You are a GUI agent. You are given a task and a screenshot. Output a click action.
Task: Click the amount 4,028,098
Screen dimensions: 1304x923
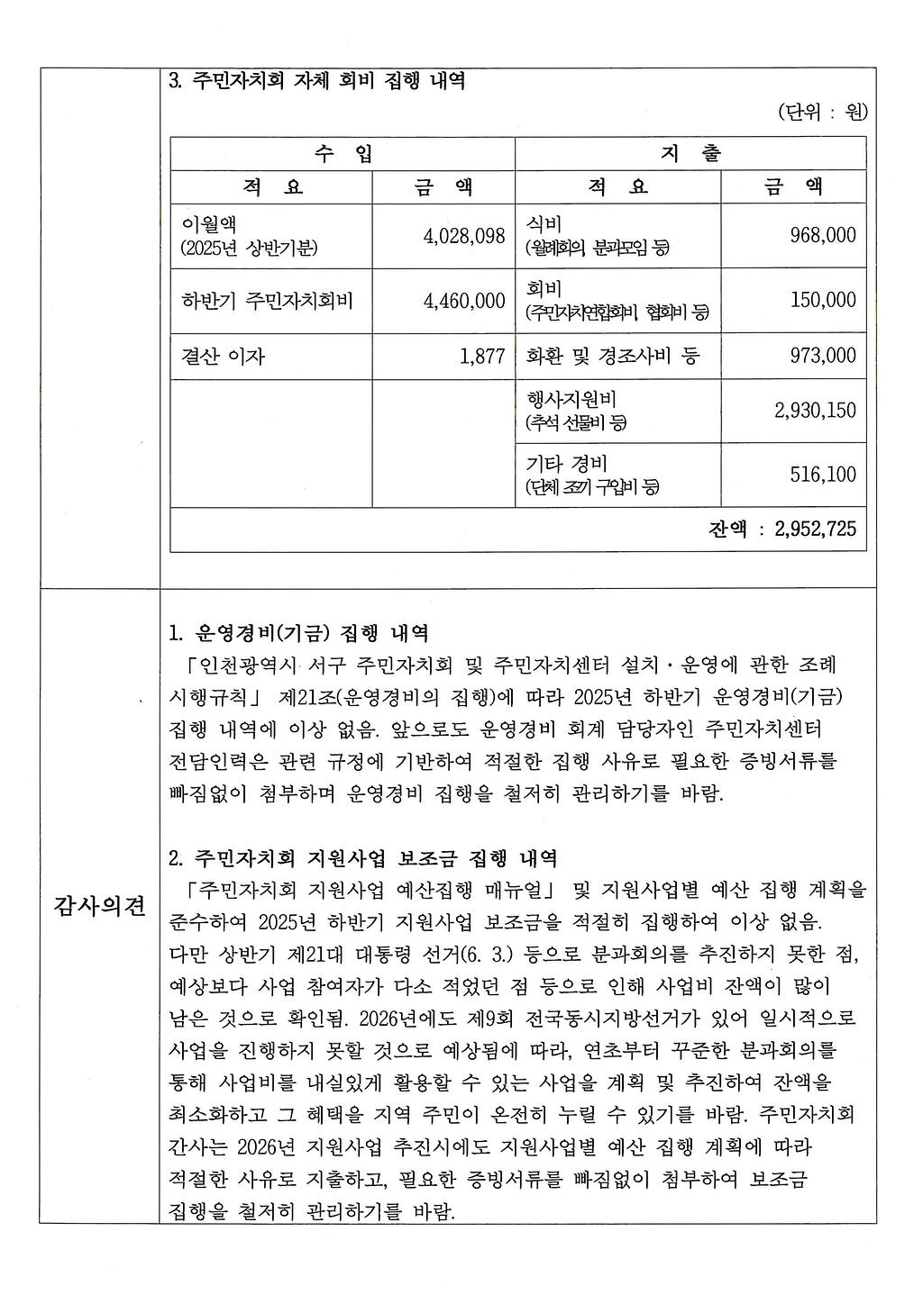(x=463, y=236)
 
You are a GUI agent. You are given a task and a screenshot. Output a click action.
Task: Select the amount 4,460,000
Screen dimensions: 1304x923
(x=463, y=301)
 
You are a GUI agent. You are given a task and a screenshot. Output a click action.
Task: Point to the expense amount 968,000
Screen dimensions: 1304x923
(x=822, y=236)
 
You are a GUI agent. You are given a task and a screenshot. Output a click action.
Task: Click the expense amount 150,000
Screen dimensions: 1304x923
(x=822, y=301)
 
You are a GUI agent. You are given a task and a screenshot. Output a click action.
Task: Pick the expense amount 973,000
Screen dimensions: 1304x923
(x=822, y=357)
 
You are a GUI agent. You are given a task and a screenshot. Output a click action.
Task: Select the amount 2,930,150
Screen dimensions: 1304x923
(x=815, y=411)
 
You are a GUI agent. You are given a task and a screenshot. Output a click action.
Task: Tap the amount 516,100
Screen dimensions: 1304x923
(x=822, y=475)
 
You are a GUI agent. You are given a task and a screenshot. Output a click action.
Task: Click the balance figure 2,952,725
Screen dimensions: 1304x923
(x=815, y=529)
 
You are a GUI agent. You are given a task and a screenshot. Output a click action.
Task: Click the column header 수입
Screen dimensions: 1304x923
(x=343, y=153)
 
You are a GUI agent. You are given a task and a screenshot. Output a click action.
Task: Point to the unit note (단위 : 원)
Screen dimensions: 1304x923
(x=821, y=113)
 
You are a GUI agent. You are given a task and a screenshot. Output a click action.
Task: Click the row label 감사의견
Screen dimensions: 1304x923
(x=99, y=906)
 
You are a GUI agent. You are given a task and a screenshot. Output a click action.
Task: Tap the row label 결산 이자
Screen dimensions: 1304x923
(x=223, y=357)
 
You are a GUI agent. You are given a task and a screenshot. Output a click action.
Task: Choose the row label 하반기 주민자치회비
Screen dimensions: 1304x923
(x=267, y=301)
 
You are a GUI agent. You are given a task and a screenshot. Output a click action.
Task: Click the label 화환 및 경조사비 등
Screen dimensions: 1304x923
(x=612, y=357)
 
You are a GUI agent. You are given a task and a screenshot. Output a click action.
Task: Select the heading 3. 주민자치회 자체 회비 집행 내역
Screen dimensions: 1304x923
(x=317, y=81)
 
